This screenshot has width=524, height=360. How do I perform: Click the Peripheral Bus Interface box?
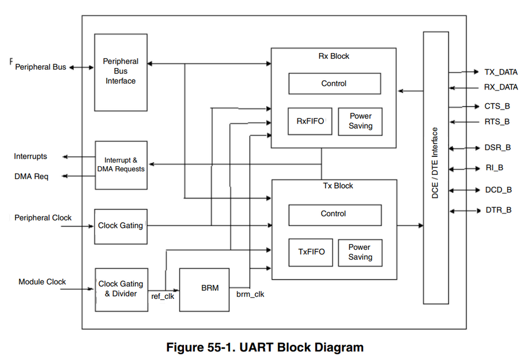point(120,72)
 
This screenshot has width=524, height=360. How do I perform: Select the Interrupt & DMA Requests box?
point(120,164)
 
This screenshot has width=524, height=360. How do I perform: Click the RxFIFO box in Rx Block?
point(310,121)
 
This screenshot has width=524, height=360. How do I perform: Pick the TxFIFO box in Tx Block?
point(311,252)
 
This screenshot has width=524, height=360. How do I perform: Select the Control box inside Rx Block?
point(334,84)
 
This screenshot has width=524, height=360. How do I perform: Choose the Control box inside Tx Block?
point(334,214)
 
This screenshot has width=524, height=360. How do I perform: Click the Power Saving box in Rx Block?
point(360,121)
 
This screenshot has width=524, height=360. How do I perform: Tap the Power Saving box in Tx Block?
point(360,252)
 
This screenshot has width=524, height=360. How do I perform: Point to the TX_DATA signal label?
point(500,72)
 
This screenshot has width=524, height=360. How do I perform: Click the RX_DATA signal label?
point(500,88)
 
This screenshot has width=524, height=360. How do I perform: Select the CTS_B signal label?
point(497,106)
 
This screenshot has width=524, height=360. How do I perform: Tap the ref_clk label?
point(163,296)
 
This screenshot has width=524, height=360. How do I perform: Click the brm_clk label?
point(250,294)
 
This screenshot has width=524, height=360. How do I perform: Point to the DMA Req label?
point(31,176)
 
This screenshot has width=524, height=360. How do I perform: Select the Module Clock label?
point(42,282)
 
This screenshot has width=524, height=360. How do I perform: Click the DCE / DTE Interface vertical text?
point(435,164)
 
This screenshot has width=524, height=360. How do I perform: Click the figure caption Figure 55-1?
point(265,347)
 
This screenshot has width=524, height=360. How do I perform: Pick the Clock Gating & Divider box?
point(121,289)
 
